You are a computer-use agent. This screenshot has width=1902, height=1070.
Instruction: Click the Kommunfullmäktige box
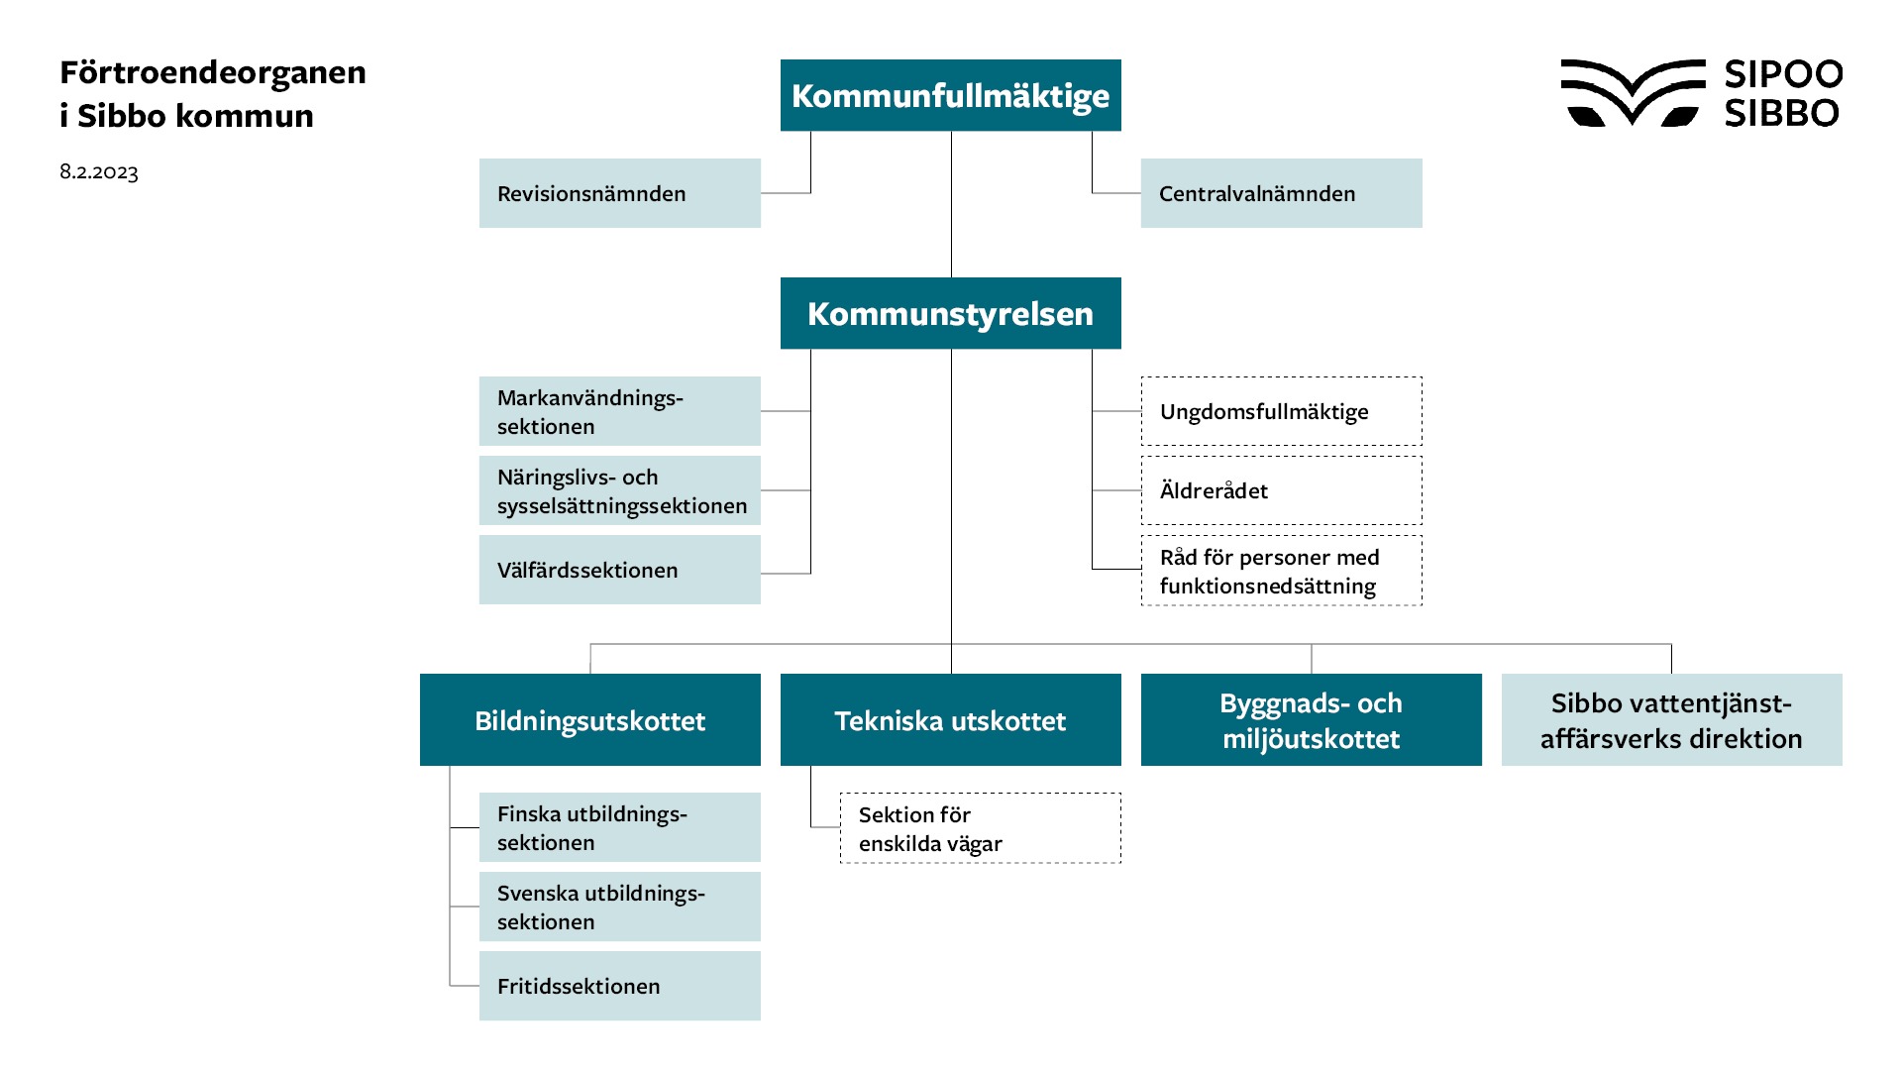pos(950,95)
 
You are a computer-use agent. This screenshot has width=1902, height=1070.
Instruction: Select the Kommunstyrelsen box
pos(950,313)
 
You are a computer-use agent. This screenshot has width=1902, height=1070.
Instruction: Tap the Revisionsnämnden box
pos(619,193)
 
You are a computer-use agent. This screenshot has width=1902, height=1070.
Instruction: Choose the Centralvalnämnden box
pos(1281,193)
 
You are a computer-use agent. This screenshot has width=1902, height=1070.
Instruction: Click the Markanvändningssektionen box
pos(619,411)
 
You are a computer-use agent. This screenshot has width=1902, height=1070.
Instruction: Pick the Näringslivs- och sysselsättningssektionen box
pos(619,490)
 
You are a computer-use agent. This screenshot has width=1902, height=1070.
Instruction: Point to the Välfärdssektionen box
pos(619,570)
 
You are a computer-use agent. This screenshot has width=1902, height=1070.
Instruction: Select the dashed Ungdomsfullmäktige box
pos(1281,411)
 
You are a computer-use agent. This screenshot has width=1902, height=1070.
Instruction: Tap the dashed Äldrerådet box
pos(1281,490)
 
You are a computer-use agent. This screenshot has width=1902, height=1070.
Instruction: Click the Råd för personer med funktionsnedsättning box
pos(1281,571)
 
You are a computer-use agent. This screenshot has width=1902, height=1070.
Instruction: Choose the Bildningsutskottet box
pos(589,720)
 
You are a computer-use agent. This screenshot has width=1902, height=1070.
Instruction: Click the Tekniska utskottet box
pos(950,720)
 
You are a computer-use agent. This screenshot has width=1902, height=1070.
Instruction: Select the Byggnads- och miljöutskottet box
pos(1311,720)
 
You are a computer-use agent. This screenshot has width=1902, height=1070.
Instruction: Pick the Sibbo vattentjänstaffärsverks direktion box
pos(1671,720)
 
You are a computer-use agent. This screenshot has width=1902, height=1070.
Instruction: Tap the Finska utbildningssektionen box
pos(619,827)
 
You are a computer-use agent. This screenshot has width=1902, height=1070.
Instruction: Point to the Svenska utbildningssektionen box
pos(619,907)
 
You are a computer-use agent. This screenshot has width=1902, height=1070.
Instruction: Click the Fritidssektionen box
pos(619,986)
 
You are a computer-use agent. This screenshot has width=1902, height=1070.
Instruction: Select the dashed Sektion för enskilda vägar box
pos(980,828)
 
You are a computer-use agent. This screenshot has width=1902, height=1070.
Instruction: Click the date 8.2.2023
pos(99,171)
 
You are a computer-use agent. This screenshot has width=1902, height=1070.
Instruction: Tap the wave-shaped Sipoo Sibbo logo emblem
pos(1632,93)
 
